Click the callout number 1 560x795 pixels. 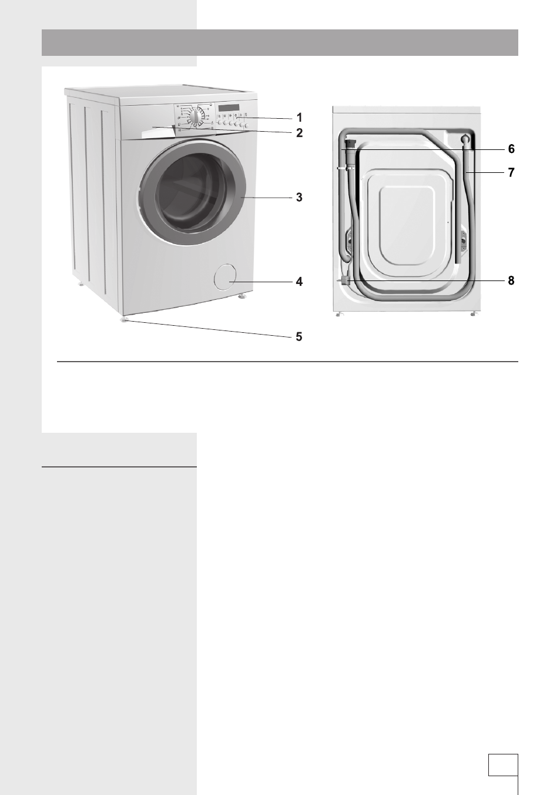(299, 117)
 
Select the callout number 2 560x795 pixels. (299, 133)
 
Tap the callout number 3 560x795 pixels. (299, 198)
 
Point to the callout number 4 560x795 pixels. (299, 282)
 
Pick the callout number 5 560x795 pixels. (299, 337)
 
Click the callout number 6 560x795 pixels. (511, 149)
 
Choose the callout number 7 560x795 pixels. (511, 172)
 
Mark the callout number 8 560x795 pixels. (511, 280)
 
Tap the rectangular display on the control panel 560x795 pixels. (229, 108)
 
